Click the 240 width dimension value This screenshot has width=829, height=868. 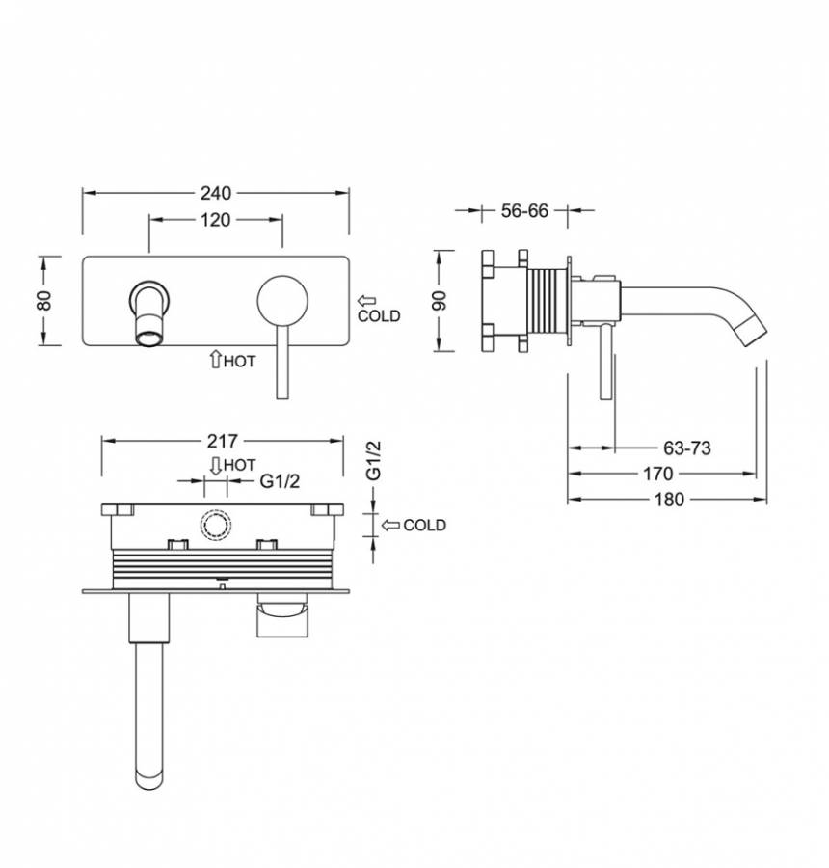(216, 193)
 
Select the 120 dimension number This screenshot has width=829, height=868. (215, 220)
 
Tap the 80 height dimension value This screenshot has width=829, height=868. (45, 301)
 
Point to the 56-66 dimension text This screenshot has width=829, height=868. (524, 211)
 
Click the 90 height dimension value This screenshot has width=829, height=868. (439, 301)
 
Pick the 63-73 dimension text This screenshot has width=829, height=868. (686, 448)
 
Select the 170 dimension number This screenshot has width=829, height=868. (658, 474)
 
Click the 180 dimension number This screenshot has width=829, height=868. (670, 500)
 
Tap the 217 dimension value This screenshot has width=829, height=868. (223, 441)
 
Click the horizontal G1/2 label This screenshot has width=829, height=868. (280, 481)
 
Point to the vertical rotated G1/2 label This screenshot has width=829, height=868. (375, 460)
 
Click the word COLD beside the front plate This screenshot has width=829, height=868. (379, 316)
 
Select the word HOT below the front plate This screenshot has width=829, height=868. (240, 362)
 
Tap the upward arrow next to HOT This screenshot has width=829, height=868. (215, 360)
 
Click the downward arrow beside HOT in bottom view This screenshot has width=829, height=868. (216, 466)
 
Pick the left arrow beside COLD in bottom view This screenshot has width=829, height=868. (390, 526)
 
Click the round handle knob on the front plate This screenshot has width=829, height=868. (282, 301)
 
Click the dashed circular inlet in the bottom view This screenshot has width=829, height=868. (216, 526)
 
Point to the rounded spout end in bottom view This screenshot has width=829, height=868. (149, 779)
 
